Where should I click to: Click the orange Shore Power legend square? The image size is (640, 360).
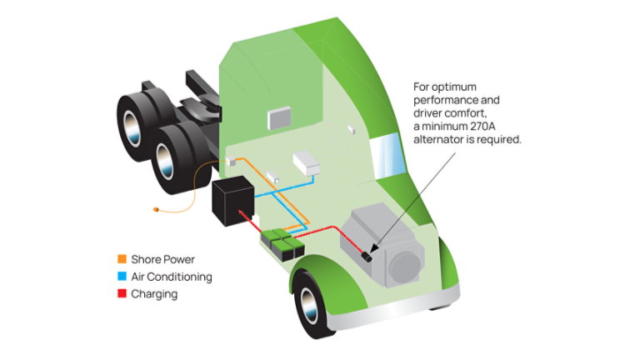coord(122,259)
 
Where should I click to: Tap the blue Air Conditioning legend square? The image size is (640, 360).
coord(122,277)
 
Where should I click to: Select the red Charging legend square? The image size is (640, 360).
coord(122,294)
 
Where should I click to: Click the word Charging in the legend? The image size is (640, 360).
coord(154,294)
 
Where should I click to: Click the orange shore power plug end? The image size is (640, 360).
coord(156,208)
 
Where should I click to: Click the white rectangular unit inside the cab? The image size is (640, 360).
coord(306,162)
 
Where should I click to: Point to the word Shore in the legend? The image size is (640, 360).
coord(146,259)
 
